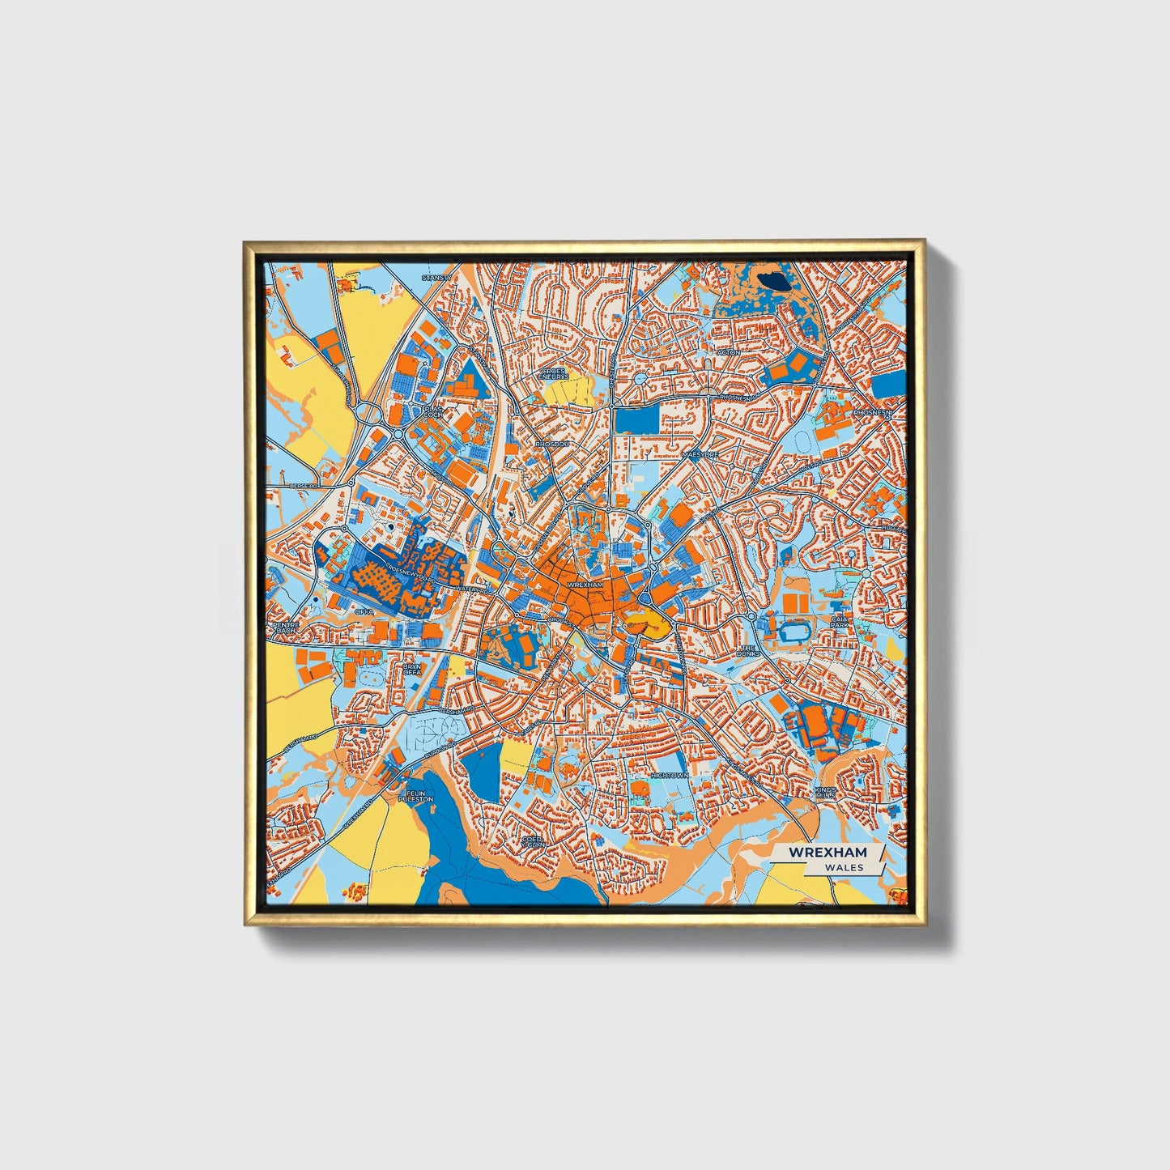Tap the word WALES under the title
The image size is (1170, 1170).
[844, 867]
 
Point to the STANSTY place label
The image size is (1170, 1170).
[435, 278]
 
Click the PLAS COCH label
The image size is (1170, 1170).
[433, 411]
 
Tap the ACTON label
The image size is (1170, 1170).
[728, 352]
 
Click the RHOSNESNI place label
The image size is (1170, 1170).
[872, 412]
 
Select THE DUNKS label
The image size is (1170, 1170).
[748, 650]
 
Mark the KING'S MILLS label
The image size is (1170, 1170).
[824, 793]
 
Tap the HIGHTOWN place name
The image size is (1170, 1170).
[669, 775]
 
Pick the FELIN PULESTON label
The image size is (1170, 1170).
[415, 796]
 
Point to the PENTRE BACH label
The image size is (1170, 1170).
[286, 628]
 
